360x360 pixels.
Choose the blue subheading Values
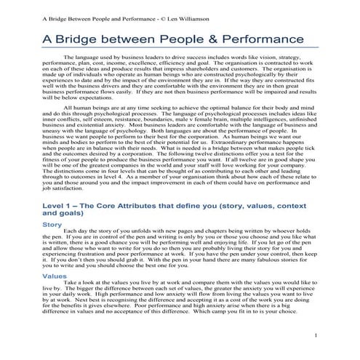pos(55,276)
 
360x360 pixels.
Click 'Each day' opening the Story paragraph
pos(76,233)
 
